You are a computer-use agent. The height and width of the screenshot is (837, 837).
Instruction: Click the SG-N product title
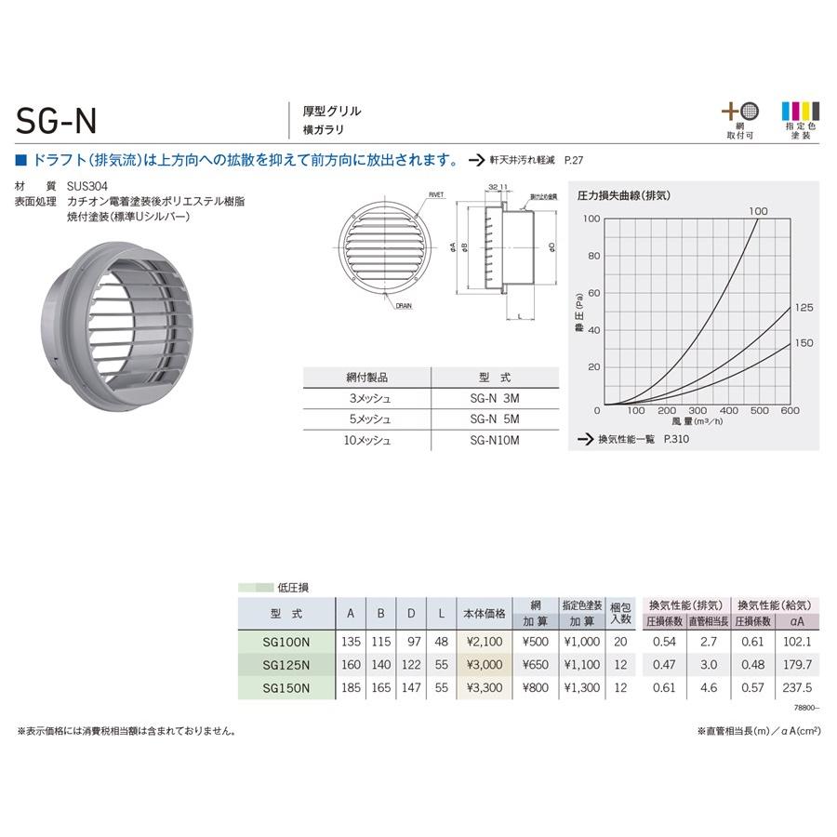(x=58, y=120)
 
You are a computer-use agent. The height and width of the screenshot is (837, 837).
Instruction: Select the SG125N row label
(x=286, y=664)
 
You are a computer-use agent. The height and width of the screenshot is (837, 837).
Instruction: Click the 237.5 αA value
(x=798, y=687)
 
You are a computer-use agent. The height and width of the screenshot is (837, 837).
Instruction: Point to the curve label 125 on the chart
(x=804, y=308)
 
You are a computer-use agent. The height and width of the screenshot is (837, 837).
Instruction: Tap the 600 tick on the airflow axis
(x=790, y=410)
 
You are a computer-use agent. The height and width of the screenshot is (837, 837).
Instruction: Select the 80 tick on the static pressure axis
(x=593, y=256)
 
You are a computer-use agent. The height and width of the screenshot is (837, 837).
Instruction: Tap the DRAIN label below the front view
(x=403, y=304)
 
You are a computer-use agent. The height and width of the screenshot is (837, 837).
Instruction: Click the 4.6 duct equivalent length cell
(x=707, y=687)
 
